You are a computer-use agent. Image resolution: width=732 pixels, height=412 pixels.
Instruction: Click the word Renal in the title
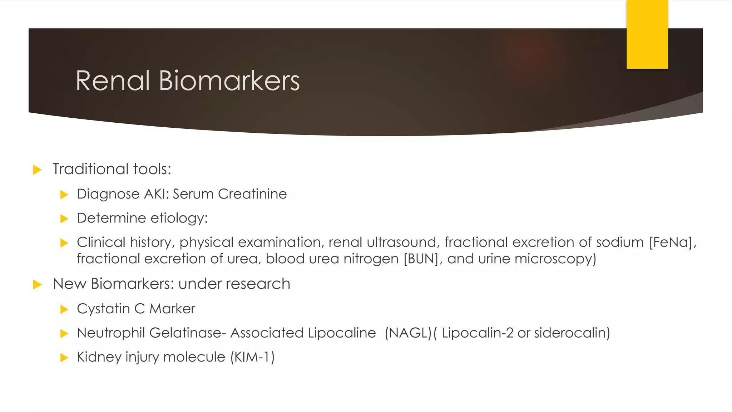[x=113, y=81]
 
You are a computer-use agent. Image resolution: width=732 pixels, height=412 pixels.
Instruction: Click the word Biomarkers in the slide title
[x=229, y=81]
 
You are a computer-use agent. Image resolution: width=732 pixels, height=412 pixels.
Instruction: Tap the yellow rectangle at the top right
[x=647, y=34]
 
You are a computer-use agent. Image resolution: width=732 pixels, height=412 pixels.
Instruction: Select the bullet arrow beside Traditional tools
[x=37, y=170]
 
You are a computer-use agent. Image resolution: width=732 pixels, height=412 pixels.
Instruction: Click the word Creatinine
[x=252, y=194]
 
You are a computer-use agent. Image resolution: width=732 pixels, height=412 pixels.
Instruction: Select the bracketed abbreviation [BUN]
[x=421, y=259]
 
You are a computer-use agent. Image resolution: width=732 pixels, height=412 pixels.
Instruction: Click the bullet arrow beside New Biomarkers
[x=37, y=285]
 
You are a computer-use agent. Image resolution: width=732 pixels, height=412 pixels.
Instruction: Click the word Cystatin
[x=103, y=309]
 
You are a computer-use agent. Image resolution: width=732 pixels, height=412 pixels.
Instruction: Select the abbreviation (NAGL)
[x=408, y=333]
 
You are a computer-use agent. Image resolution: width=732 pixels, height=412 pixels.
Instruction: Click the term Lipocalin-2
[x=477, y=333]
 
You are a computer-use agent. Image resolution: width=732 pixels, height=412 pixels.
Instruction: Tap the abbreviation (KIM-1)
[x=252, y=357]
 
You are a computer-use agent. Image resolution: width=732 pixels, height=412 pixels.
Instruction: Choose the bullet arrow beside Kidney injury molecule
[x=64, y=357]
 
